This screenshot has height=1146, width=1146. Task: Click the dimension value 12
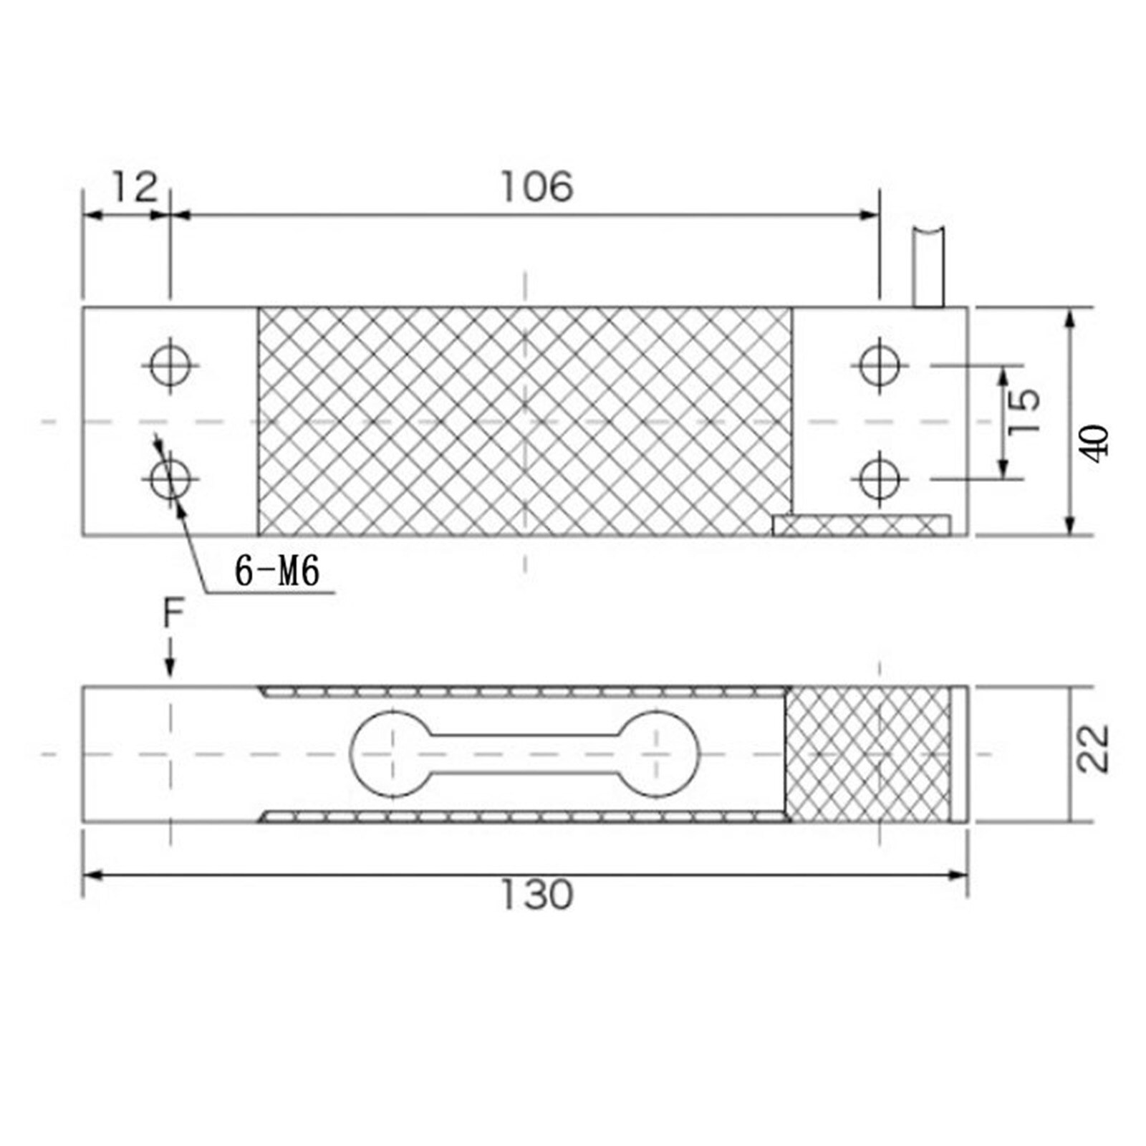tap(134, 188)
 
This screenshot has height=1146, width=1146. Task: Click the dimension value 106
tap(536, 188)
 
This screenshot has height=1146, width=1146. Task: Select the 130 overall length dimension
tap(536, 895)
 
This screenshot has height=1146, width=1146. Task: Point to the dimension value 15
tap(1024, 410)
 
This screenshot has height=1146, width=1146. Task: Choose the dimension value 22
tap(1094, 749)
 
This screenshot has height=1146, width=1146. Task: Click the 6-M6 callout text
tap(277, 572)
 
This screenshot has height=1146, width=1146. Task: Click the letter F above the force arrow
tap(173, 614)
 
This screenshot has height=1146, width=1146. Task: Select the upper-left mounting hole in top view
tap(170, 365)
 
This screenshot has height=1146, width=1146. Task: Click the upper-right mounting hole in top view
tap(879, 365)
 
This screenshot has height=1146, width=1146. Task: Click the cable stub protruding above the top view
tap(929, 269)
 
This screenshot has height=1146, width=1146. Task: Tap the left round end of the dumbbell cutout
tap(391, 753)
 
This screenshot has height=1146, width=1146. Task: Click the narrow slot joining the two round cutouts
tap(526, 753)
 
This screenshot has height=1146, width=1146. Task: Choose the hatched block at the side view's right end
tap(867, 753)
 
